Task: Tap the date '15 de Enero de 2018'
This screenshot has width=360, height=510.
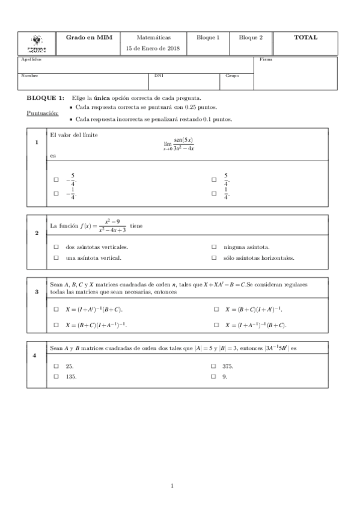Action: pos(149,48)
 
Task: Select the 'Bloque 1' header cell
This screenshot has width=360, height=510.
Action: pos(208,37)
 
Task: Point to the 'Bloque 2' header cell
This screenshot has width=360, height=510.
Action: pos(251,37)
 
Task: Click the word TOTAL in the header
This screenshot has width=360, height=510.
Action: pos(305,37)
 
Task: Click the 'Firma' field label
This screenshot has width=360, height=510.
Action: pos(265,60)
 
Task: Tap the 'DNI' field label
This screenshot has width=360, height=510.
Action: pos(159,76)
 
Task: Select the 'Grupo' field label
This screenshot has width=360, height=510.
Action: pos(232,76)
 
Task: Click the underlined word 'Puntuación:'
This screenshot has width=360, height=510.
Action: pos(43,112)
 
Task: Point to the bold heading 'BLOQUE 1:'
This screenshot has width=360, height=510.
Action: pos(45,97)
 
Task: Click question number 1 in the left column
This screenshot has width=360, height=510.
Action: pos(37,143)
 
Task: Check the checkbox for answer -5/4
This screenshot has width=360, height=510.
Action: pos(56,179)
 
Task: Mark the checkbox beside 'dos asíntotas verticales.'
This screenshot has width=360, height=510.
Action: pos(56,247)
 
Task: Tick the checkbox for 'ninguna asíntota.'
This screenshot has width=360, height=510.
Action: pos(214,247)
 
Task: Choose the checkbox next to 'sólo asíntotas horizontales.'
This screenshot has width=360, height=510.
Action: pos(214,258)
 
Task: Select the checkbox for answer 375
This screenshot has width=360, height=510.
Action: pos(214,366)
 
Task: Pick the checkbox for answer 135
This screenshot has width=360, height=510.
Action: pos(56,376)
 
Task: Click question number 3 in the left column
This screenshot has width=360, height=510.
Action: pos(37,292)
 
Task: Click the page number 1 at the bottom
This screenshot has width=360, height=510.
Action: pos(172,486)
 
